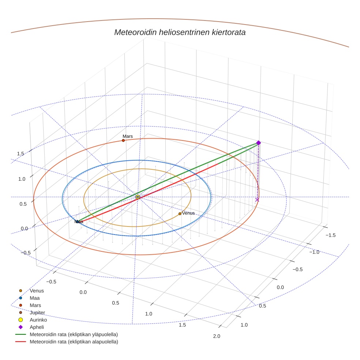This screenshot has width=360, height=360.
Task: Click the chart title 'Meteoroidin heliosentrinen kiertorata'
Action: point(180,32)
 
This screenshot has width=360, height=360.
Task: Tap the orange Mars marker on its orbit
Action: point(123,140)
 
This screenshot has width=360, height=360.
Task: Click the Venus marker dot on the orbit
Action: point(180,214)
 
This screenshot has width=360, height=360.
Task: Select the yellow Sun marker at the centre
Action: point(138,197)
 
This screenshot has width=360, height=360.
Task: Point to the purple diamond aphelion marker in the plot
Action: point(258,143)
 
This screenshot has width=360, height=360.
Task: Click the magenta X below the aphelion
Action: point(257,199)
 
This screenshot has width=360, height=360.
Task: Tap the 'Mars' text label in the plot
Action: point(128,136)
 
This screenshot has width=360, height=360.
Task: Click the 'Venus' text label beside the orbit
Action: point(188,213)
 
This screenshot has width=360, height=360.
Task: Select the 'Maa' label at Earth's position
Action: point(79,222)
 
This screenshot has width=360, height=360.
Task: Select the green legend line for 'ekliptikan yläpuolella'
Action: point(20,334)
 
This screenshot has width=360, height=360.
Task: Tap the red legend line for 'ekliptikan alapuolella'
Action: point(20,342)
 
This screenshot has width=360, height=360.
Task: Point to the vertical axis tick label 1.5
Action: point(20,153)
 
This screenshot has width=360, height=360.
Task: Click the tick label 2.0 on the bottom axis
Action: point(216,336)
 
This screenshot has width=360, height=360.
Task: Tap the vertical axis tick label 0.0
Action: point(25,229)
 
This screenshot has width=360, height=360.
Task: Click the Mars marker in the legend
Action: point(20,305)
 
